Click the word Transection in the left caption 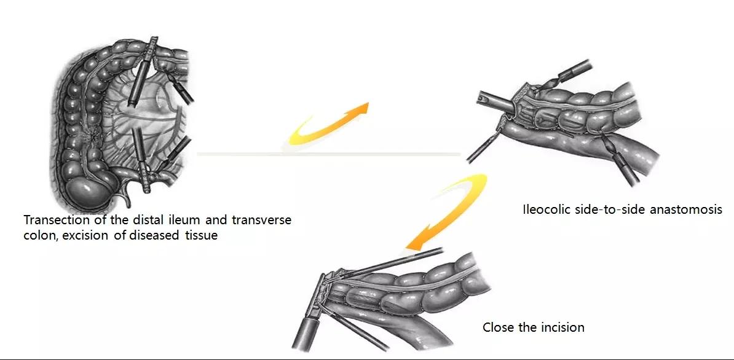53,220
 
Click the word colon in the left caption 38,235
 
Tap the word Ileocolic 543,209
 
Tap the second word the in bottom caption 527,327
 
